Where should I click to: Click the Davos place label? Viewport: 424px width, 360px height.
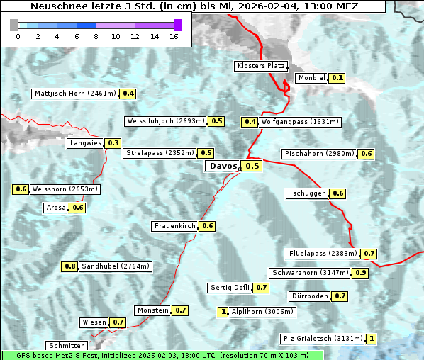coord(222,166)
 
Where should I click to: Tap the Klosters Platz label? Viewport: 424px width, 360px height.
coord(260,66)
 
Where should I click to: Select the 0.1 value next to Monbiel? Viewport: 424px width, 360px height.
coord(337,78)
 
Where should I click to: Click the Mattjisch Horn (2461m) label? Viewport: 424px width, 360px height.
coord(75,94)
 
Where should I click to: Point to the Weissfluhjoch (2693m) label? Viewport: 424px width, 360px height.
coord(165,121)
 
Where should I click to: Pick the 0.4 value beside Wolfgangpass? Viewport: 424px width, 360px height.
coord(250,122)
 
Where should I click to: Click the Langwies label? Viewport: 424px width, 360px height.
coord(85,143)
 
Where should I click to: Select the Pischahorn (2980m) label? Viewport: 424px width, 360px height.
coord(318,154)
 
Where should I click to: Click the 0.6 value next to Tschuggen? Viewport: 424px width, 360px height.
coord(338,193)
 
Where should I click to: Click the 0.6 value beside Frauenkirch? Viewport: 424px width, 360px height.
coord(208,226)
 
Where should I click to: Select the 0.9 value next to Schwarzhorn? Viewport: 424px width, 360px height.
coord(361,273)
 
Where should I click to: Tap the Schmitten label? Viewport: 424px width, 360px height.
coord(68,345)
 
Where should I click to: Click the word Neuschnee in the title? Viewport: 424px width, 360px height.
coord(55,6)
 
